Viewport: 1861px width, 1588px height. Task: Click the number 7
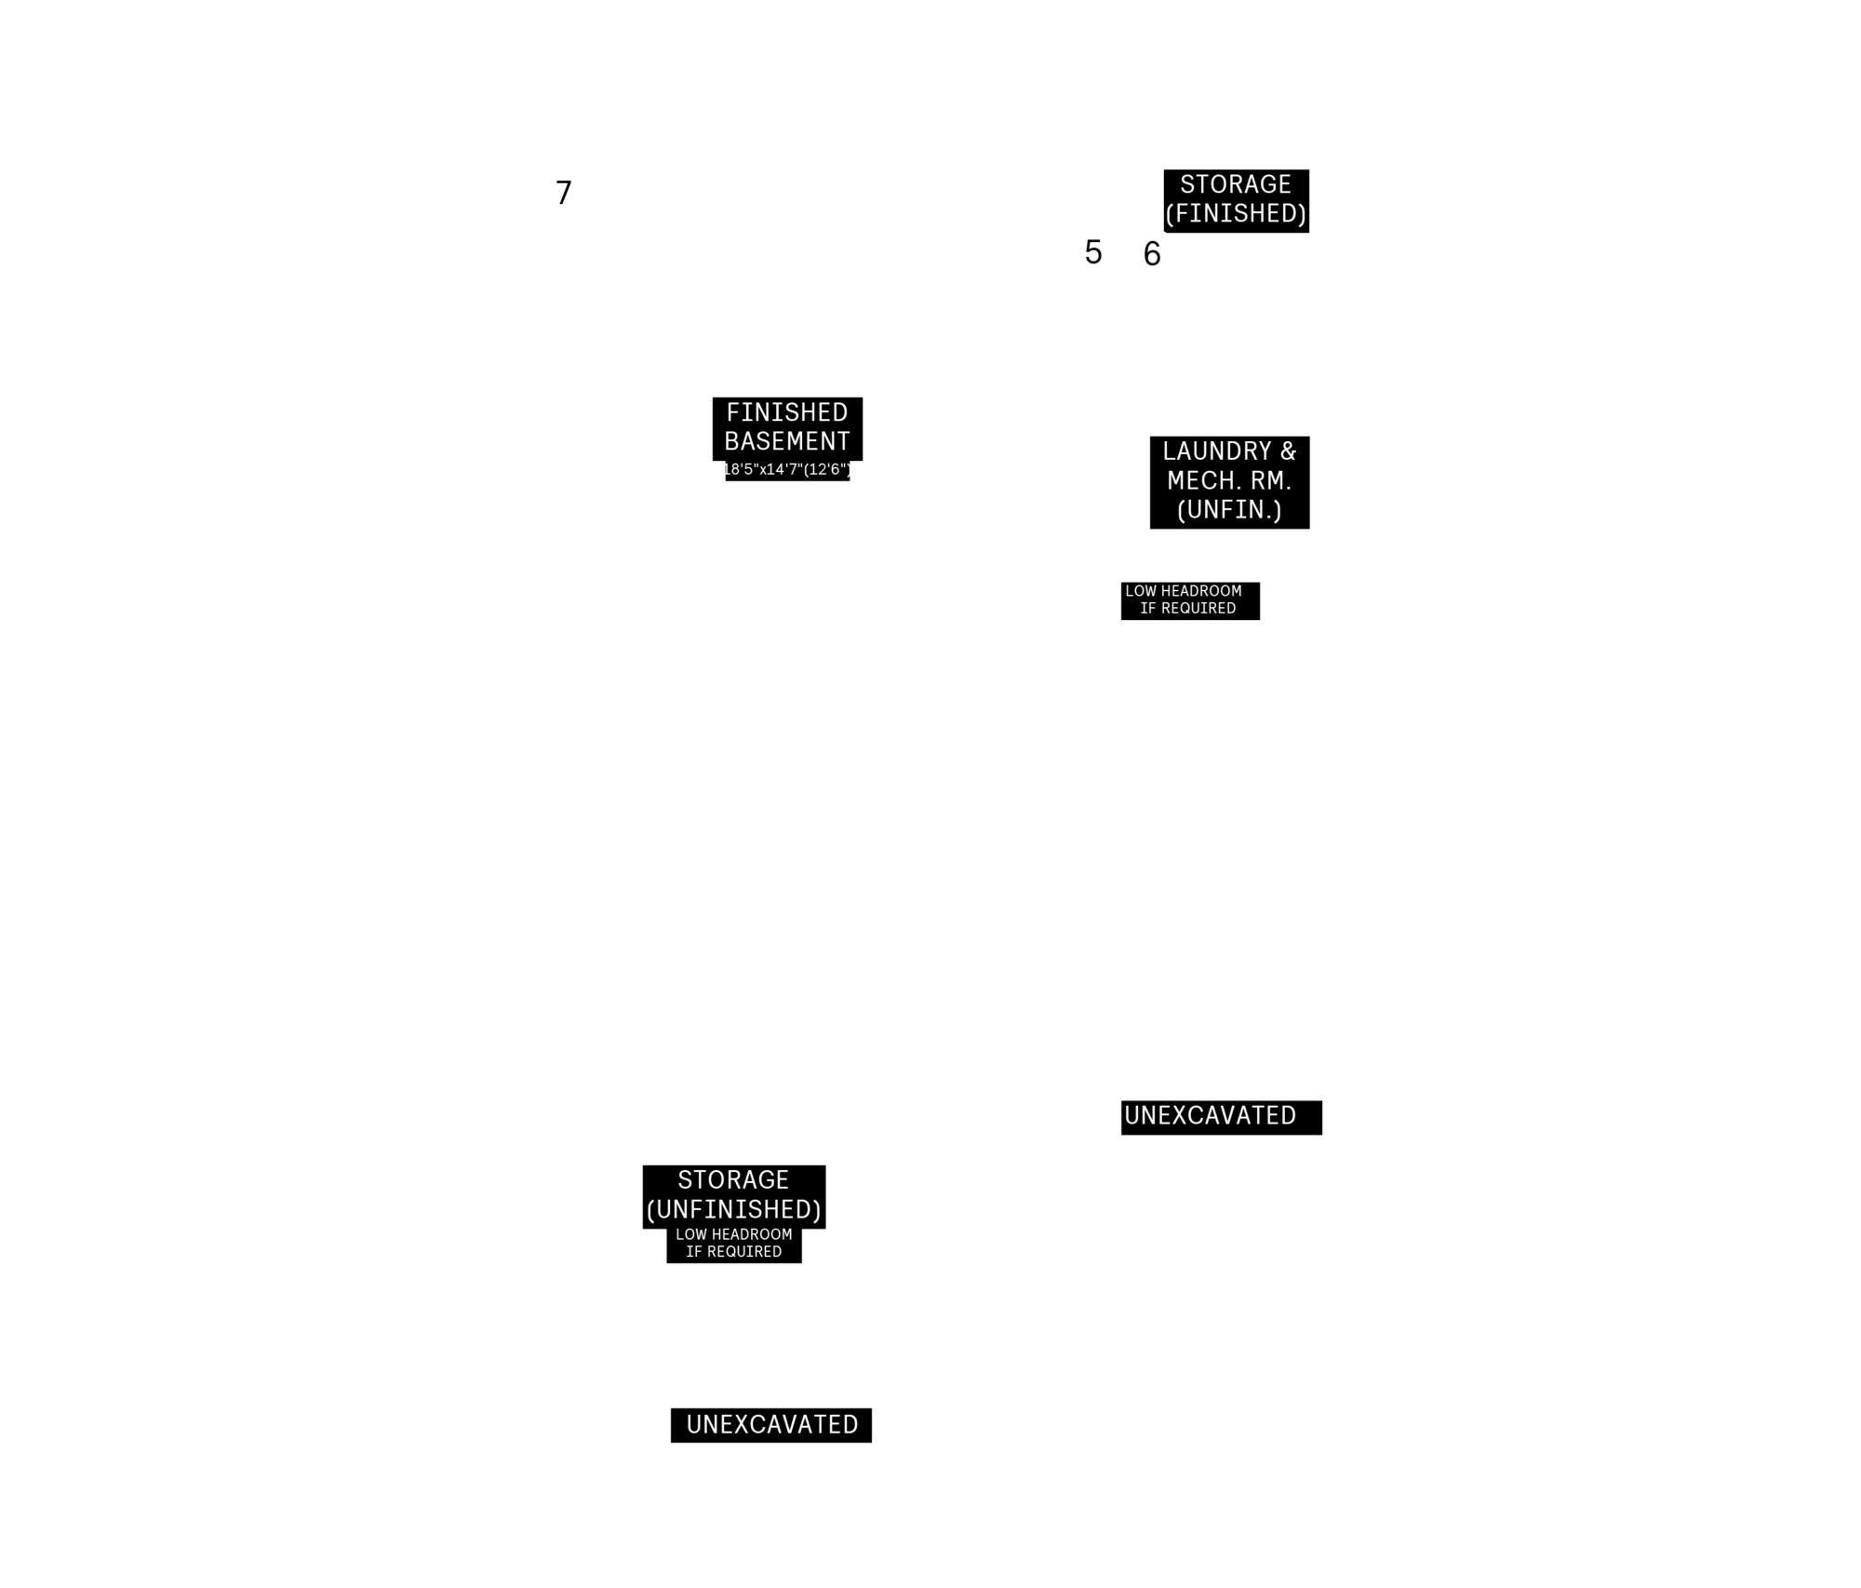click(x=564, y=193)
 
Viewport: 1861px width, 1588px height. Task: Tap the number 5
click(x=1093, y=252)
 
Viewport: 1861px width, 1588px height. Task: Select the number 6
click(x=1152, y=254)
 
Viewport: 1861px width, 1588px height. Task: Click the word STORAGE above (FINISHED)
click(x=1236, y=184)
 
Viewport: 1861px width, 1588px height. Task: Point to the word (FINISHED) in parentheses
click(x=1236, y=214)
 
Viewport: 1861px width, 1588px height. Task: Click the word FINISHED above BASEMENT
click(x=787, y=412)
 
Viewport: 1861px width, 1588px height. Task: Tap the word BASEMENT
click(x=787, y=441)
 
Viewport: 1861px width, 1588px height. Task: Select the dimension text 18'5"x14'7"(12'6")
click(x=787, y=469)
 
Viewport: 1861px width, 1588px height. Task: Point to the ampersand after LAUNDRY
click(x=1288, y=451)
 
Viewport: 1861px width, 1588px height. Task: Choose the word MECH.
click(x=1201, y=480)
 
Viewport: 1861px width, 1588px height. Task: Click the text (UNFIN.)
click(x=1229, y=510)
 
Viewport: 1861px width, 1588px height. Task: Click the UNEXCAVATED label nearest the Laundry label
click(x=1210, y=1115)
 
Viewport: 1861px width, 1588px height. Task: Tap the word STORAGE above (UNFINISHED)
click(x=733, y=1180)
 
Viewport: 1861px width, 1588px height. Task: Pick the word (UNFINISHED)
click(x=734, y=1210)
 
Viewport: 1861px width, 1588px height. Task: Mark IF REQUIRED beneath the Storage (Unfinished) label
click(x=734, y=1252)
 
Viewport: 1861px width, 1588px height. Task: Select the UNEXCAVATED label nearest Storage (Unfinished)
click(x=772, y=1424)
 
